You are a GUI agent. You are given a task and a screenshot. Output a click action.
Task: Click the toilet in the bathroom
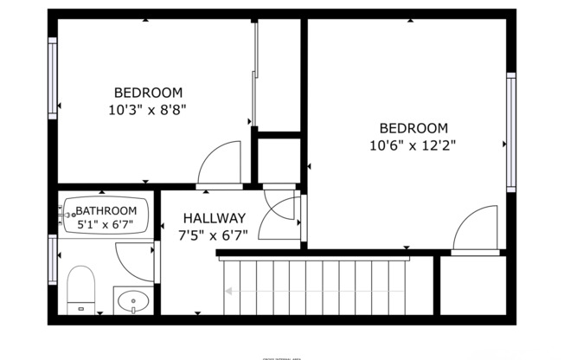coord(80,288)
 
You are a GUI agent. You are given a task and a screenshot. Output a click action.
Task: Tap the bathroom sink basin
coord(134,302)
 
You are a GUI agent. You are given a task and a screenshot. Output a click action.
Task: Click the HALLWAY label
coord(213,218)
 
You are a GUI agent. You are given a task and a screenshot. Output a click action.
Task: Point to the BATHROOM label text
coord(106,210)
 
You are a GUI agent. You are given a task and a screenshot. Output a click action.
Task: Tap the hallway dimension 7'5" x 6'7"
coord(213,235)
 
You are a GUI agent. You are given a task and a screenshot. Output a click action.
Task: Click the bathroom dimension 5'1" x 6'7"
coord(106,225)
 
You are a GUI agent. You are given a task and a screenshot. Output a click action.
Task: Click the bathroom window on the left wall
coord(53,260)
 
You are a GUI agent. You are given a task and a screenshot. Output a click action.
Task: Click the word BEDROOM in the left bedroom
coord(148,93)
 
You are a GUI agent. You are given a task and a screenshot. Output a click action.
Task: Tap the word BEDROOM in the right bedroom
coord(413,128)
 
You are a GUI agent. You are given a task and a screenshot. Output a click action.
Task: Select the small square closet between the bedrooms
coord(279,159)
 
